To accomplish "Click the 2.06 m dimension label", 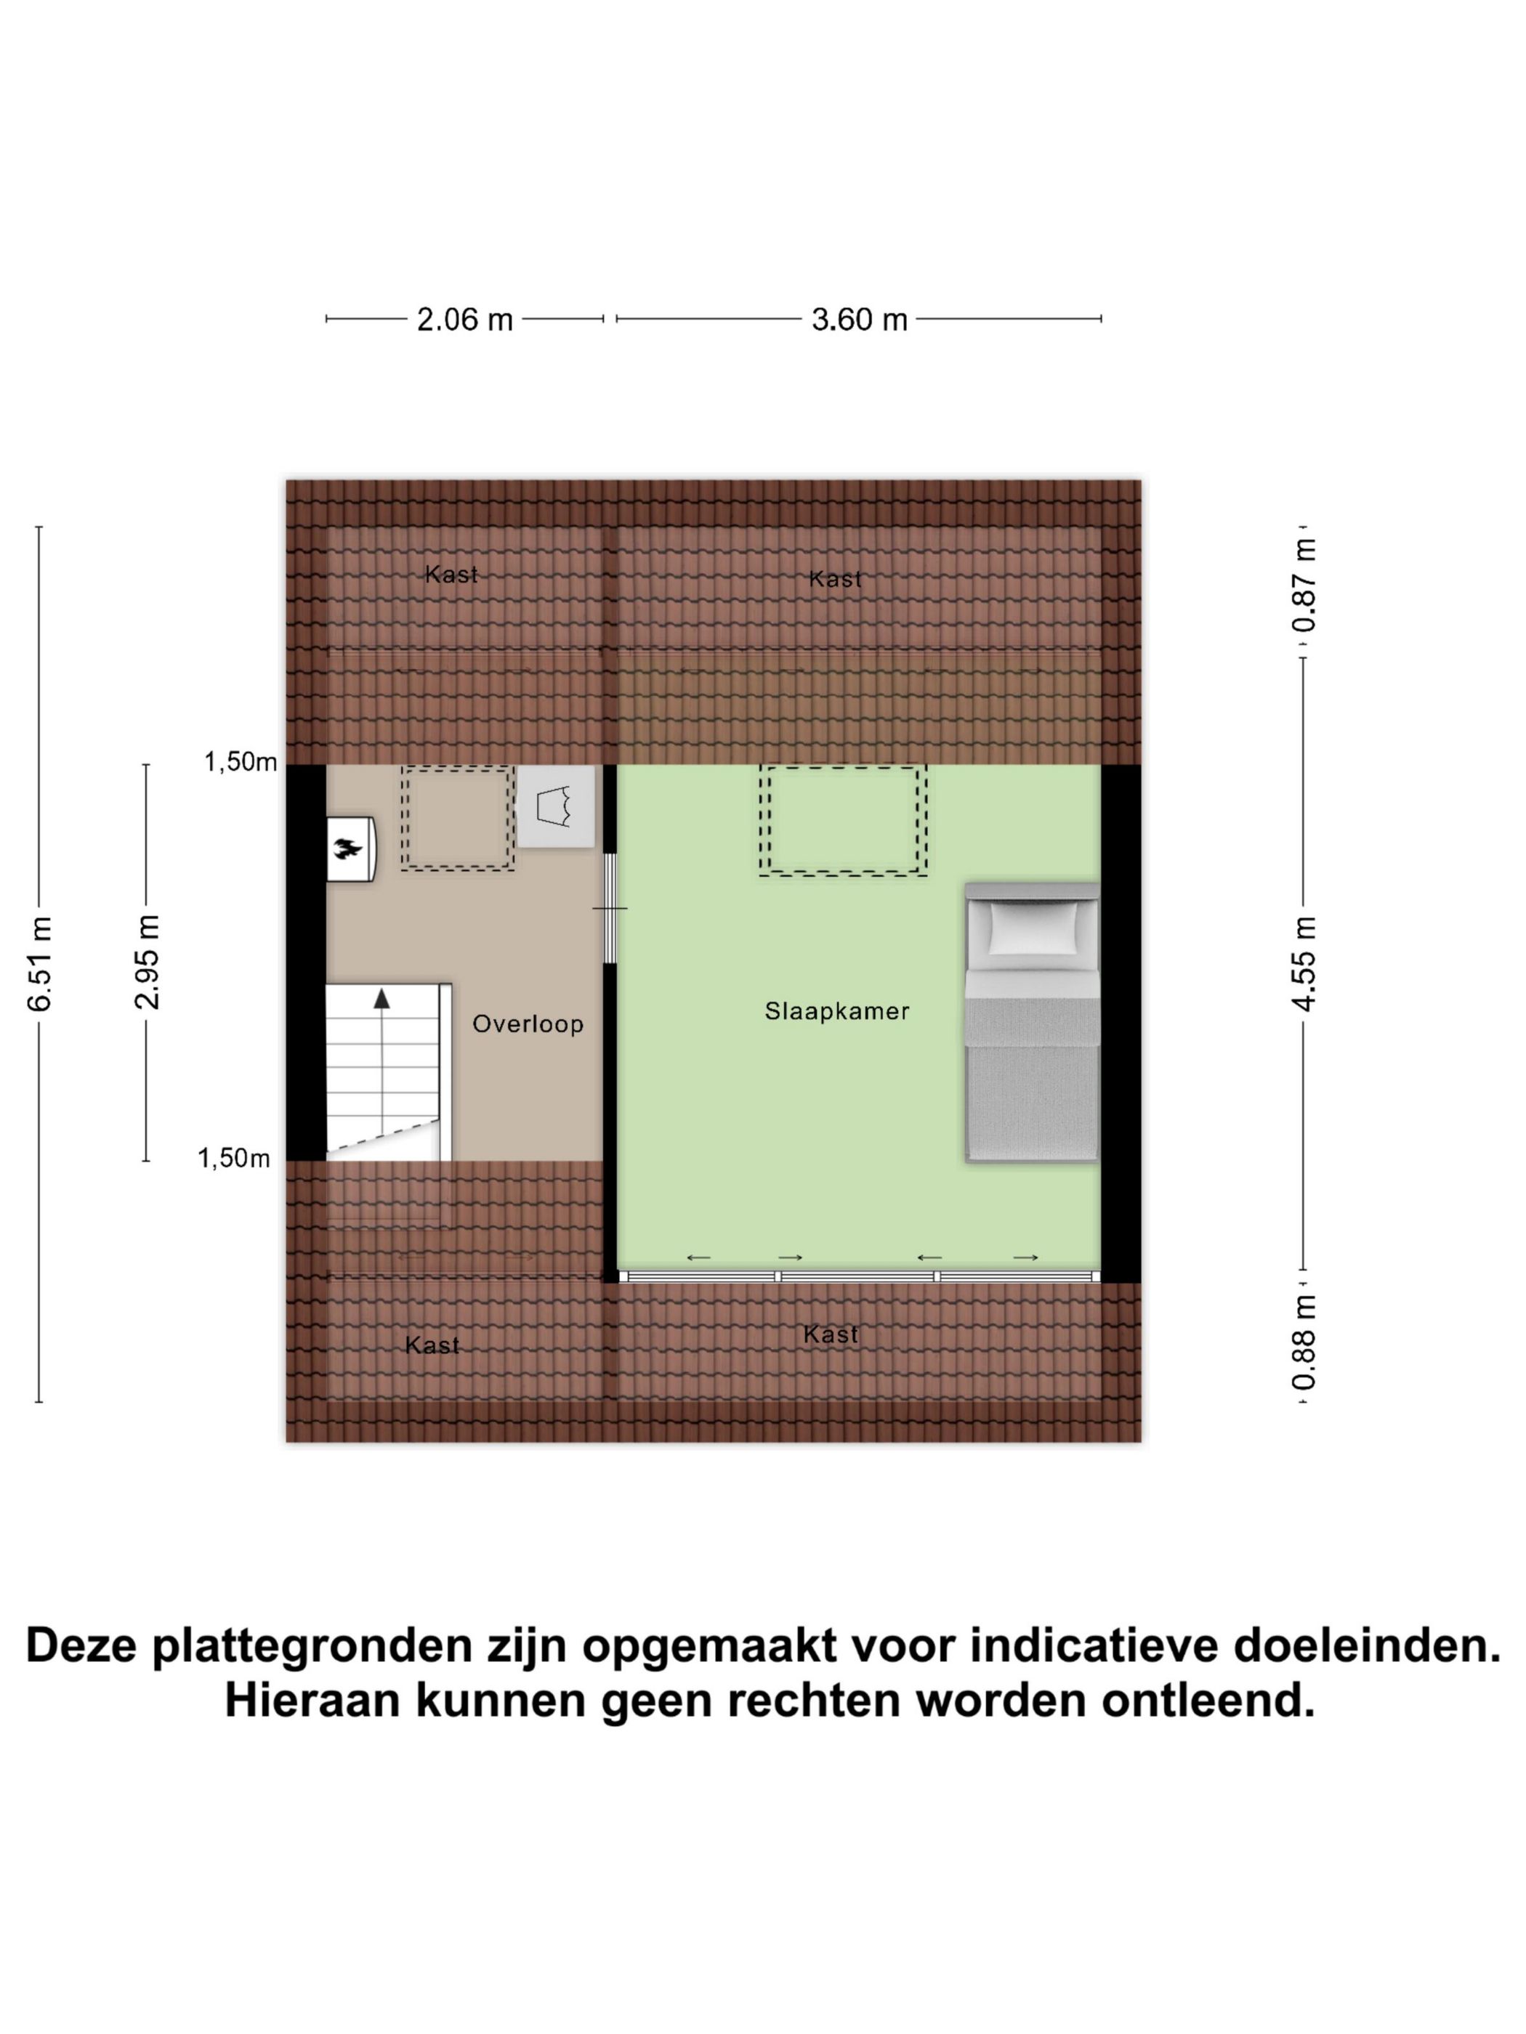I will pyautogui.click(x=464, y=320).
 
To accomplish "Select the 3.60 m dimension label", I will pyautogui.click(x=859, y=320).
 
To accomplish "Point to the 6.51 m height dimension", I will pyautogui.click(x=39, y=964).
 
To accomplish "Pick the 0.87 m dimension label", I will pyautogui.click(x=1304, y=585).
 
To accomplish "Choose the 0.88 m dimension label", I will pyautogui.click(x=1304, y=1342).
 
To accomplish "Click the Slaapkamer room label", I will pyautogui.click(x=836, y=1011).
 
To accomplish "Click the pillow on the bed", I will pyautogui.click(x=1032, y=928).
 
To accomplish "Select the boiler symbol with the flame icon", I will pyautogui.click(x=350, y=848).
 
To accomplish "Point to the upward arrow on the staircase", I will pyautogui.click(x=381, y=999).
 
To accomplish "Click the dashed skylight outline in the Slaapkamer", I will pyautogui.click(x=842, y=819).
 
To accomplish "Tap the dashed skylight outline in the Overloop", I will pyautogui.click(x=457, y=819).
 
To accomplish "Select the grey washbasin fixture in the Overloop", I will pyautogui.click(x=554, y=806).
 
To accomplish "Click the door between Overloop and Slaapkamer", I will pyautogui.click(x=610, y=909).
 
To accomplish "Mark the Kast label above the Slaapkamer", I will pyautogui.click(x=835, y=579).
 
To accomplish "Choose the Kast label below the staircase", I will pyautogui.click(x=432, y=1346).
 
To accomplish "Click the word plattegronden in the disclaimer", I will pyautogui.click(x=312, y=1646).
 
